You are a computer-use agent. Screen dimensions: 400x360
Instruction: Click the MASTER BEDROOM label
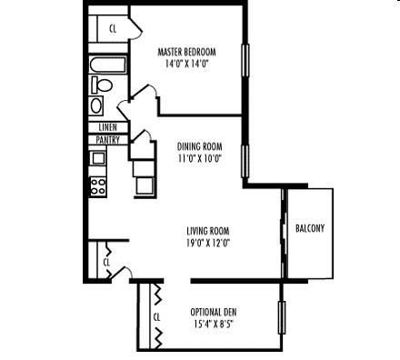pyautogui.click(x=186, y=52)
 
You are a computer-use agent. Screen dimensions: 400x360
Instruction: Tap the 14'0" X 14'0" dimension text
pyautogui.click(x=187, y=64)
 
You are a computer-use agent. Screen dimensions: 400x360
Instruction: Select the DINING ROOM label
pyautogui.click(x=199, y=146)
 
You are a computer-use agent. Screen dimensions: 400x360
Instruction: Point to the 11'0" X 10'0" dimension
pyautogui.click(x=200, y=158)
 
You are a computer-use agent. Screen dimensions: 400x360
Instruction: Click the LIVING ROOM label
pyautogui.click(x=208, y=231)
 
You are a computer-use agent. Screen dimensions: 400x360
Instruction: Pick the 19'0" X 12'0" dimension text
pyautogui.click(x=208, y=243)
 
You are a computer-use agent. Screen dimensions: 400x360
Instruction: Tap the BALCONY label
pyautogui.click(x=310, y=228)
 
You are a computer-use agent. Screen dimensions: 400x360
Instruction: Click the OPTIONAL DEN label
pyautogui.click(x=214, y=312)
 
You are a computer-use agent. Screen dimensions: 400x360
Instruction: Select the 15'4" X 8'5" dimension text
pyautogui.click(x=214, y=325)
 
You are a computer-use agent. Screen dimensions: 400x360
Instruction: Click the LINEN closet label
pyautogui.click(x=107, y=127)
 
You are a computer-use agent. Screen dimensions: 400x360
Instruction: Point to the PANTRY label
pyautogui.click(x=107, y=140)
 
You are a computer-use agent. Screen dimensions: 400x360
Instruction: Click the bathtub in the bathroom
pyautogui.click(x=108, y=65)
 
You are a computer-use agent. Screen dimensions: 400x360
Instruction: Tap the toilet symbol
pyautogui.click(x=102, y=85)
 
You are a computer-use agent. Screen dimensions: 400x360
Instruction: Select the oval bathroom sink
pyautogui.click(x=96, y=105)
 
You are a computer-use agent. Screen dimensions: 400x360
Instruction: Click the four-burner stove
pyautogui.click(x=98, y=186)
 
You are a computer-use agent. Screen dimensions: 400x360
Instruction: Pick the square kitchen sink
pyautogui.click(x=98, y=158)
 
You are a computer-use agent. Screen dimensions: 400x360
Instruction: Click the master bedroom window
pyautogui.click(x=245, y=59)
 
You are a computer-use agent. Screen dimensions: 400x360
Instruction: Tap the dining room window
pyautogui.click(x=245, y=161)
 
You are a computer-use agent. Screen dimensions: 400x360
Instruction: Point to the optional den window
pyautogui.click(x=282, y=317)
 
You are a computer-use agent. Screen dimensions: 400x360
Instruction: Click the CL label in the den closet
pyautogui.click(x=156, y=317)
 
